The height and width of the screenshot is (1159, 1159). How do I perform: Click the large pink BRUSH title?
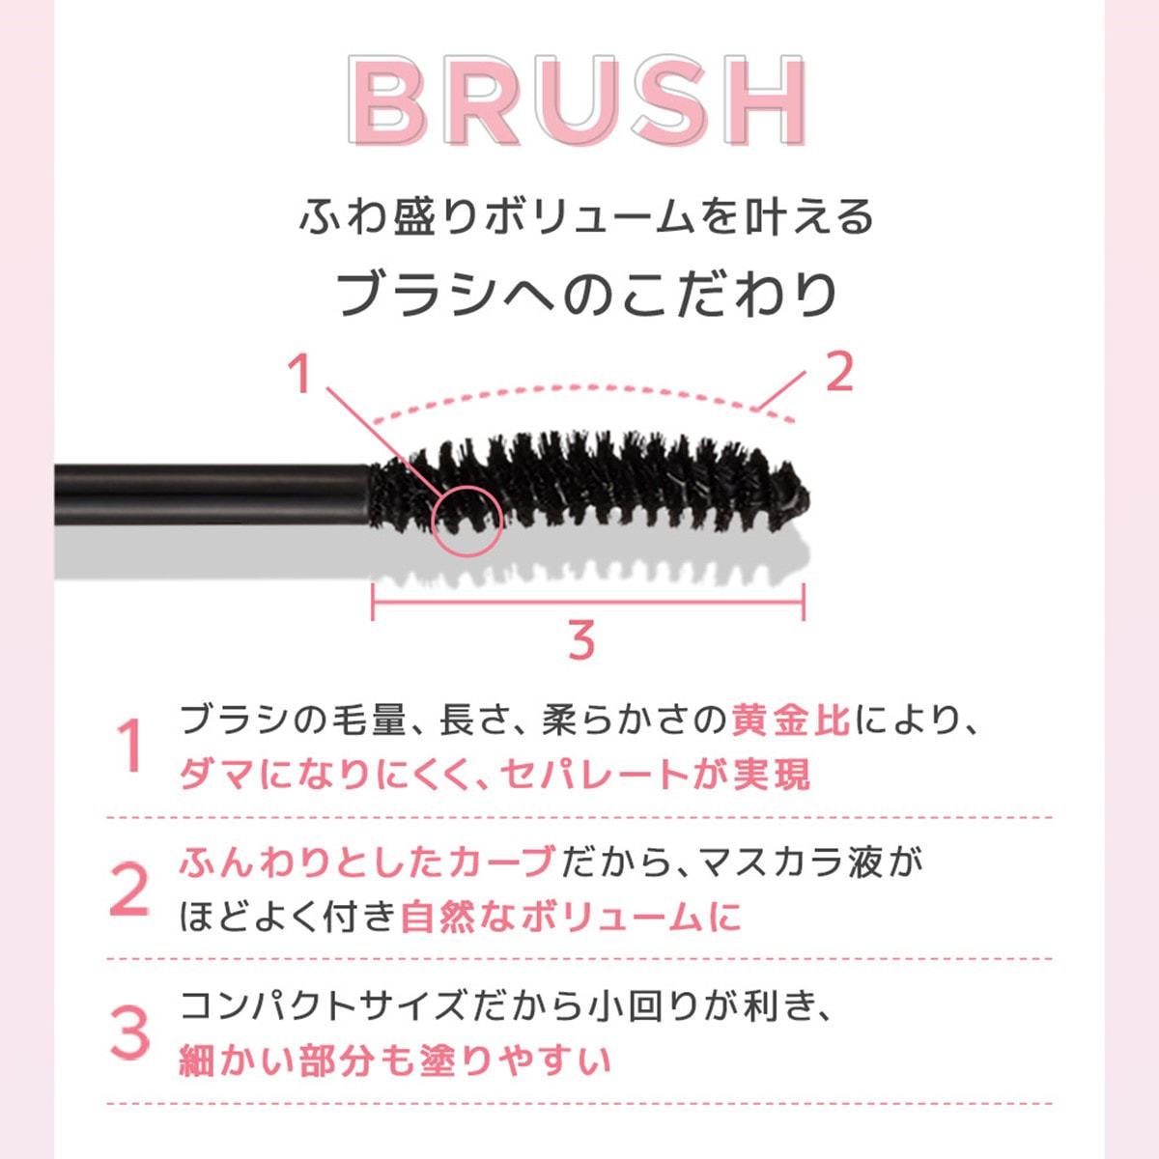tap(578, 99)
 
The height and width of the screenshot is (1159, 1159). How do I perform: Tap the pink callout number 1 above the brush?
tap(299, 374)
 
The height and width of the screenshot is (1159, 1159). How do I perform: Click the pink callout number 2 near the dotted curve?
tap(839, 372)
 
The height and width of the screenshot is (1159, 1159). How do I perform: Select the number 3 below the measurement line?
tap(581, 640)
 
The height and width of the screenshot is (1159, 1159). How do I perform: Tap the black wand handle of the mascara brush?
tap(212, 495)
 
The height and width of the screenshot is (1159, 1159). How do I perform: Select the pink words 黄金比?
tap(791, 721)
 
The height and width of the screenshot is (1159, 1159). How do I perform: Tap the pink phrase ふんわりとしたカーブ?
tap(367, 862)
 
